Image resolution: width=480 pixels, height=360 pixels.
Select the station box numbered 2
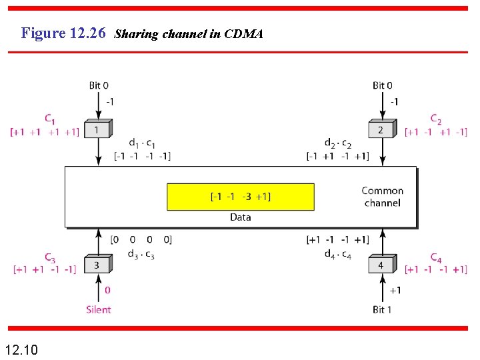tap(381, 129)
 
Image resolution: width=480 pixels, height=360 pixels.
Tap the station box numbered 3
tap(98, 265)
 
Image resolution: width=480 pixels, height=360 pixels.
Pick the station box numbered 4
tap(381, 265)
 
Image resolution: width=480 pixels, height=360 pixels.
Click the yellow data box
tap(240, 197)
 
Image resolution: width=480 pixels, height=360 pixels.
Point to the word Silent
tap(99, 309)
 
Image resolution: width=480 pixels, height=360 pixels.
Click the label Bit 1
tap(382, 309)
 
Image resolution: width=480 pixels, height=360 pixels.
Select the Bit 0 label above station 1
tap(99, 85)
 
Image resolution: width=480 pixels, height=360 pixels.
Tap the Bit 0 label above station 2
tap(382, 85)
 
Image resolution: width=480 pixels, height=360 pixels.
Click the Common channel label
tap(383, 197)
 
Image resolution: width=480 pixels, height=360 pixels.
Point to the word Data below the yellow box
tap(240, 217)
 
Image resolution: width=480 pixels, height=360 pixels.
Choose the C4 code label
tap(435, 257)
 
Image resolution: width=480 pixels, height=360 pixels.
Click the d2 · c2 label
tap(338, 143)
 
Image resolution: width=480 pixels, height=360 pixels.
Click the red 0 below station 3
tap(107, 291)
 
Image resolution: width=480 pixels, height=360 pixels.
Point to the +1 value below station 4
tap(395, 291)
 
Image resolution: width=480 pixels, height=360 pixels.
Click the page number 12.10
tap(21, 349)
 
